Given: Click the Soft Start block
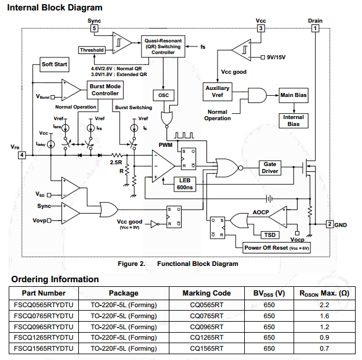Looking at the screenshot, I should tap(54, 64).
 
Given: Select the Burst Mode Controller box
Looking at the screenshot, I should tap(105, 89).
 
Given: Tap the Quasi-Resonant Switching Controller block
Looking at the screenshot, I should tap(163, 46).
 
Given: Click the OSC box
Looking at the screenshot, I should tap(163, 95).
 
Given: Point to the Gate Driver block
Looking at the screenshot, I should tap(270, 168).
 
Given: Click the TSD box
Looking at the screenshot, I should tap(270, 235).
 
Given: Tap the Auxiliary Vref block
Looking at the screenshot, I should tap(218, 92).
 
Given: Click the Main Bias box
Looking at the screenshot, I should tap(294, 95).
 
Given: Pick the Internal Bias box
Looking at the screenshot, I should tap(294, 120).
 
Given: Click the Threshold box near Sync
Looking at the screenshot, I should tap(92, 50).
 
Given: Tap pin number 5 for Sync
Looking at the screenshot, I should tap(95, 28).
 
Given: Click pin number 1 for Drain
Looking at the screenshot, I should tap(316, 28).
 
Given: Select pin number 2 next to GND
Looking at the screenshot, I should tap(329, 224).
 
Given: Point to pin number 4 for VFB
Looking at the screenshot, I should tap(21, 155).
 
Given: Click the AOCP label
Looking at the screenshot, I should tap(260, 213).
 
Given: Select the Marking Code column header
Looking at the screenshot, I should tap(207, 293).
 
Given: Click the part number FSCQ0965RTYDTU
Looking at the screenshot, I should tap(44, 326).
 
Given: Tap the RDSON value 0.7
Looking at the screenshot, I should tap(324, 348).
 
